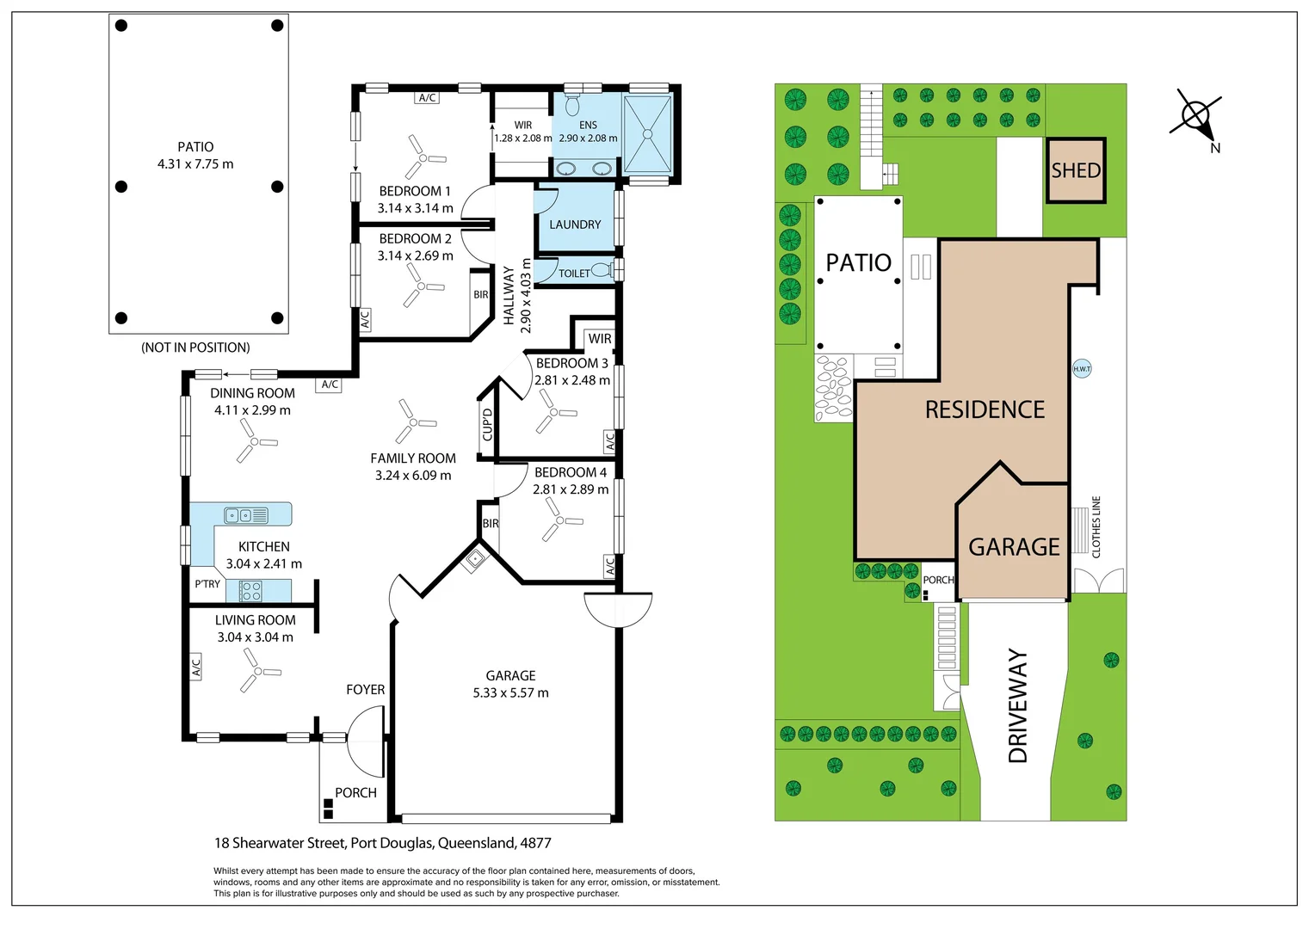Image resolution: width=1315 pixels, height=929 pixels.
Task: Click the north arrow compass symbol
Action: [1196, 116]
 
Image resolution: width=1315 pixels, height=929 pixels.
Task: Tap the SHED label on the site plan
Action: [1076, 171]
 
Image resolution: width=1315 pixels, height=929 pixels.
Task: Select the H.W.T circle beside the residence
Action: [1082, 368]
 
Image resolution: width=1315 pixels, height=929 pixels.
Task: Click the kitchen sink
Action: [246, 515]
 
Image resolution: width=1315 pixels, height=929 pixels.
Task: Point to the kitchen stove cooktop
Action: [250, 591]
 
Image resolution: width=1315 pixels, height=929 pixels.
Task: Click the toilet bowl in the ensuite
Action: [572, 104]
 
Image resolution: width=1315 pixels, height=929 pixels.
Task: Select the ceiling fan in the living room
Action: [259, 670]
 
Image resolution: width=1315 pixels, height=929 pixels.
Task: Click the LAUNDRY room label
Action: [575, 225]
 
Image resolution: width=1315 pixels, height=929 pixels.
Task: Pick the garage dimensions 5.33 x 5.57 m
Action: [510, 692]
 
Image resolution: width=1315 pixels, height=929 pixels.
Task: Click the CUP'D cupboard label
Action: [487, 424]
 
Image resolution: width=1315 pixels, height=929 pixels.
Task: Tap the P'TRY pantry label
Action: [207, 584]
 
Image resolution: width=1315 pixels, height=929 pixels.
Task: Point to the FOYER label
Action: [365, 690]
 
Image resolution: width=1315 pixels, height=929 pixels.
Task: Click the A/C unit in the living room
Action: [196, 667]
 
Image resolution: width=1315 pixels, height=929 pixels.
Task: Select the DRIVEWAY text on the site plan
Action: [1018, 706]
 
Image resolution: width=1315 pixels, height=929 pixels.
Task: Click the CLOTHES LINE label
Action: [1096, 527]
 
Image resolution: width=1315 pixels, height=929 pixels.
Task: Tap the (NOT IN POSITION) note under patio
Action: [195, 348]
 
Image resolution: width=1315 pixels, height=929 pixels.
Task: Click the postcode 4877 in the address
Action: [535, 843]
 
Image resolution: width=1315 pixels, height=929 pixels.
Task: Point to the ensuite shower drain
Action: [647, 134]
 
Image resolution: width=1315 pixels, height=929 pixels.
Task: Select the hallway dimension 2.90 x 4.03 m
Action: [526, 296]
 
